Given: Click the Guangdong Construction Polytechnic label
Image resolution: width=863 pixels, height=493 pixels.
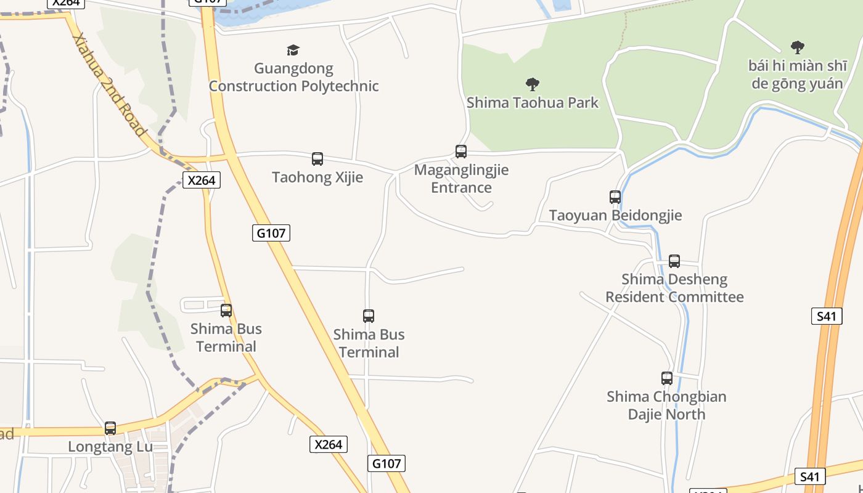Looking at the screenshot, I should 293,77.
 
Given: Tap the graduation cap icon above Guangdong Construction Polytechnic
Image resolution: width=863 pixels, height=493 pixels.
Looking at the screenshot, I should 293,50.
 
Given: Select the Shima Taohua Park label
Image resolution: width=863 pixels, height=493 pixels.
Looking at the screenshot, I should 532,102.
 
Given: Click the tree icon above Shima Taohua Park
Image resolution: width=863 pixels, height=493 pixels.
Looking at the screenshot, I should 533,84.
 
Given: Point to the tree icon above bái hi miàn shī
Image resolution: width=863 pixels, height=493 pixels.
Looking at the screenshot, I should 798,47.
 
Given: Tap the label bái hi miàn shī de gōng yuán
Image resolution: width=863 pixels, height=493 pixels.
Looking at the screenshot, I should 797,75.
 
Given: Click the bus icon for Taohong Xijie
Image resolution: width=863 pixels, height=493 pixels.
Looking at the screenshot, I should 317,159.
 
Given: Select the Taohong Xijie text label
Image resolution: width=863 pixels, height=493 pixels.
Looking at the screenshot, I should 317,177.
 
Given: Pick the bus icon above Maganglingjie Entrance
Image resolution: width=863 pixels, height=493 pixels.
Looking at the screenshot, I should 461,152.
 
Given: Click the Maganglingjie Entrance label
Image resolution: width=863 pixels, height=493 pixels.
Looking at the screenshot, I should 461,179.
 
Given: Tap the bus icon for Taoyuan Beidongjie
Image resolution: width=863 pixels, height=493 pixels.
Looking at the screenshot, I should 615,197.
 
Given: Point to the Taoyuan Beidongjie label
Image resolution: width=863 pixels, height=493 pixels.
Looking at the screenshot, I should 615,216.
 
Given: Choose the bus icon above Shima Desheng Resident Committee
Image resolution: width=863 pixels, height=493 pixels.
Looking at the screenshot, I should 674,261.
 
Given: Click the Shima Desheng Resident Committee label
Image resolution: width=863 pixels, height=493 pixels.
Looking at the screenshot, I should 674,288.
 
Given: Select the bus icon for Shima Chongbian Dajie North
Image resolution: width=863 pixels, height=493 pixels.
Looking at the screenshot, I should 666,378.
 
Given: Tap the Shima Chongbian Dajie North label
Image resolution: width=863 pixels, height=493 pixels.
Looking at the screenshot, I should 666,405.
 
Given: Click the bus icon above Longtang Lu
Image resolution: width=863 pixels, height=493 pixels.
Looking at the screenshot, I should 110,428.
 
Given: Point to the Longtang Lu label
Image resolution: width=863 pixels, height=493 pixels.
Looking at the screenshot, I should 110,446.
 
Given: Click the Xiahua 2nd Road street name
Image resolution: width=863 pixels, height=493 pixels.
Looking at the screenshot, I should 109,84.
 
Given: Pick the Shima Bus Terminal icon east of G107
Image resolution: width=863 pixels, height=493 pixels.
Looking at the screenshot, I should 369,316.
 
